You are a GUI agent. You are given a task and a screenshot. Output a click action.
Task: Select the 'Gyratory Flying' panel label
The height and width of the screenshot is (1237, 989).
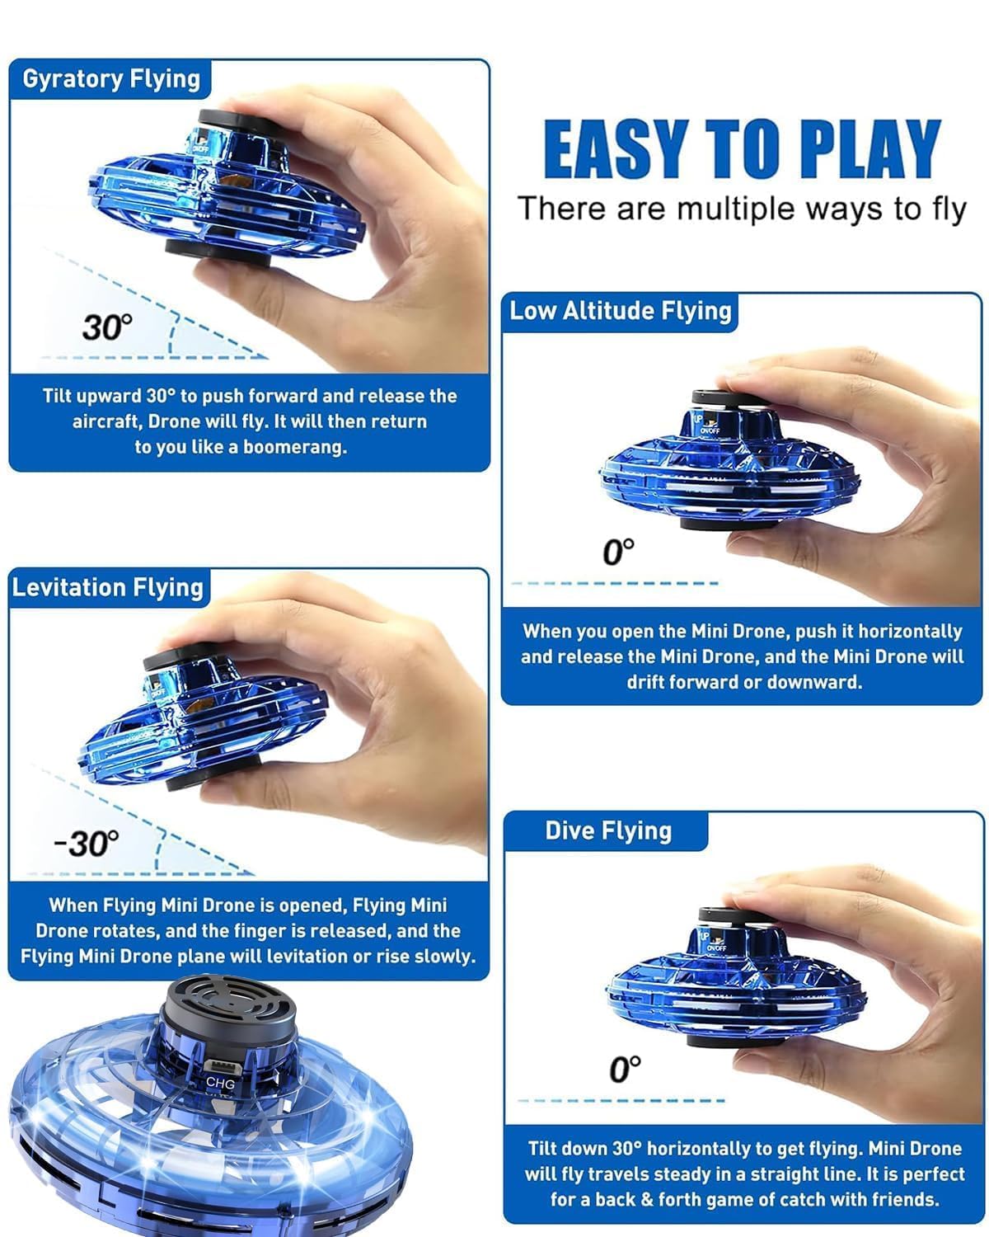(111, 79)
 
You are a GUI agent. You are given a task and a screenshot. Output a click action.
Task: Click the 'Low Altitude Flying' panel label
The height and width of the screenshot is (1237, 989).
(620, 311)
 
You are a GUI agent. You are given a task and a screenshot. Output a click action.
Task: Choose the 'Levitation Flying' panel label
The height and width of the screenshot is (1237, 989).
(108, 588)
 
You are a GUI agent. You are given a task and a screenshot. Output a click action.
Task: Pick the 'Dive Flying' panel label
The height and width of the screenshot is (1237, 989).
(607, 830)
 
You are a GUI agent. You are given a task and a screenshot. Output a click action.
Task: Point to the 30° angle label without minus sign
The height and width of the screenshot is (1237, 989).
(106, 327)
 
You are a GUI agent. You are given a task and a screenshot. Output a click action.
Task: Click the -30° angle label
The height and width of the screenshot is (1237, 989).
(87, 844)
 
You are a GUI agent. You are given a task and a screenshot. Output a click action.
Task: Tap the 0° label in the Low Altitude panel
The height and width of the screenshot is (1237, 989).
(618, 552)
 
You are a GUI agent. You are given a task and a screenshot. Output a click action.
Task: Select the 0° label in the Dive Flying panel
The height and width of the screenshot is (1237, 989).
(624, 1070)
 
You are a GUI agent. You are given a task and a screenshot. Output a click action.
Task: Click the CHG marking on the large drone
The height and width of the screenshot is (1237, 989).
(220, 1083)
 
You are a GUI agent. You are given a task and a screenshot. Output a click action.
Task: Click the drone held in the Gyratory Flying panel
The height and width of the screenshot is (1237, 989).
(227, 186)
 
